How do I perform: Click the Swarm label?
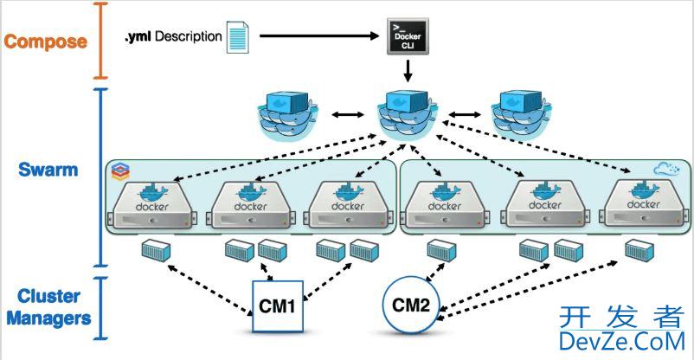(48, 170)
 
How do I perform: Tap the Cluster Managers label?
(48, 308)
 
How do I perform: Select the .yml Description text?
(173, 37)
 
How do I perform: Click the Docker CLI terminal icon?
(406, 36)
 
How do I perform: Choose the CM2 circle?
(411, 305)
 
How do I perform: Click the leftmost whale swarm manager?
(288, 113)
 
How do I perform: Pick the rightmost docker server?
(643, 205)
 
